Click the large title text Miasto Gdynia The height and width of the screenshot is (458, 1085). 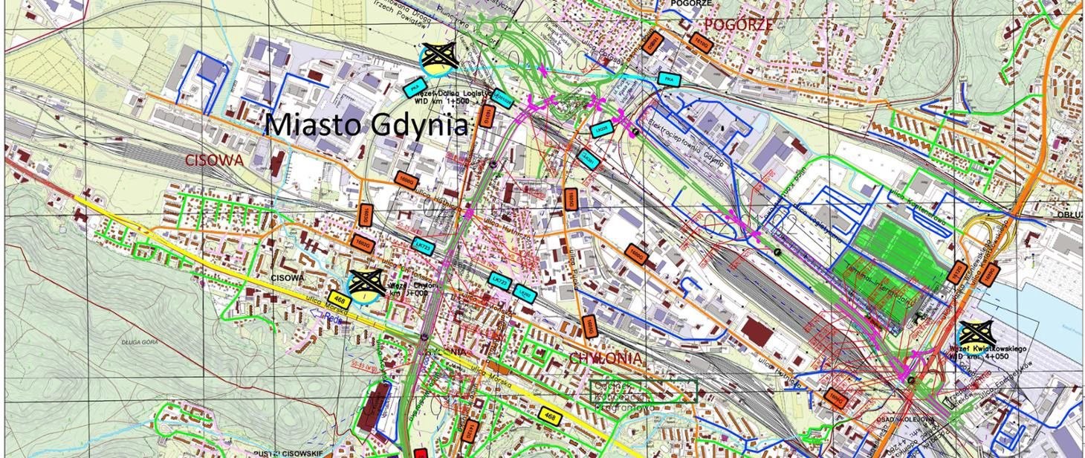tap(367, 125)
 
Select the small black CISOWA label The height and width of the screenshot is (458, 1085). tap(288, 277)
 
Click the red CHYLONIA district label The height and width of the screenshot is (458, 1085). tap(605, 358)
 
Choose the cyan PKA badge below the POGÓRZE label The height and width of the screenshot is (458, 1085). tap(667, 78)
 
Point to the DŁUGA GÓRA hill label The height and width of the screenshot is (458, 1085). tap(137, 342)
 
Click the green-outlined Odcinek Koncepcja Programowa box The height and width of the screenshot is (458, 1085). tap(644, 392)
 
